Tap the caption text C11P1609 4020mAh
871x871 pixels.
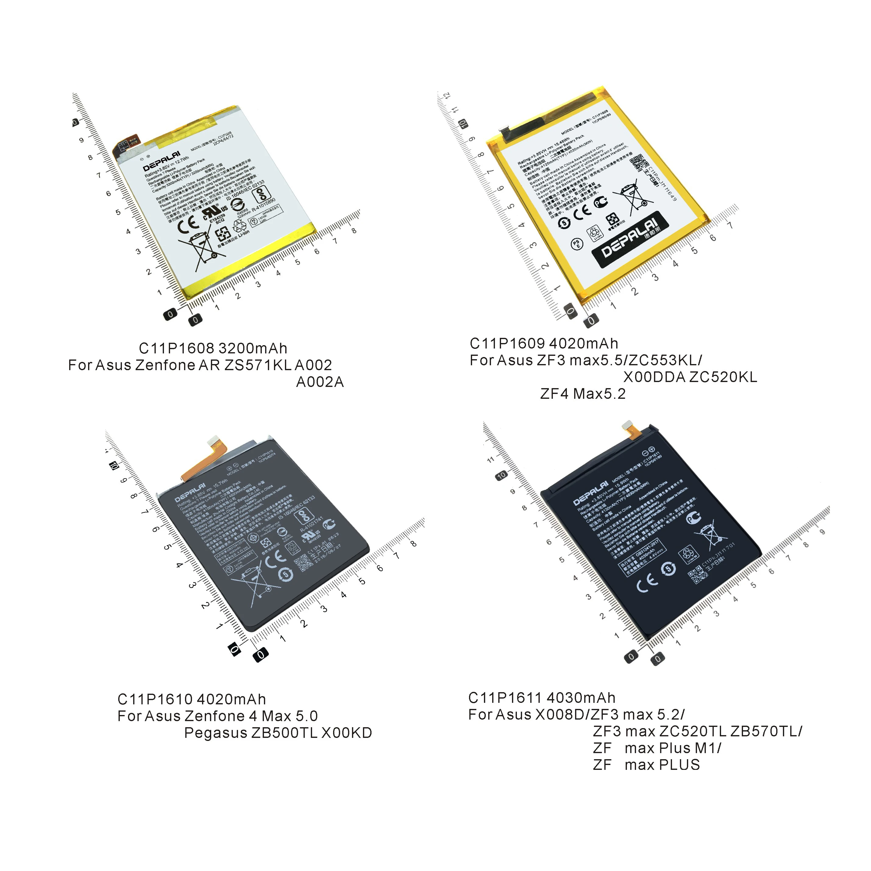[543, 344]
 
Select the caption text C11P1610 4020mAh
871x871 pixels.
[191, 699]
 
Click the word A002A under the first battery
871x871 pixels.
[320, 382]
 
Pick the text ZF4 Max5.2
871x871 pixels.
[583, 394]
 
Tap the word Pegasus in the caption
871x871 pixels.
[215, 733]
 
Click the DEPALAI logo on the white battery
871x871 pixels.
[162, 161]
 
